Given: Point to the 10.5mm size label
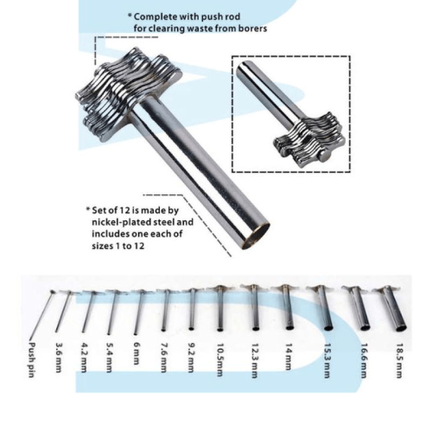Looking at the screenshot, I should (x=221, y=357).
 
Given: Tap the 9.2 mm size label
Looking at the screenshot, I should (x=191, y=356).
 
